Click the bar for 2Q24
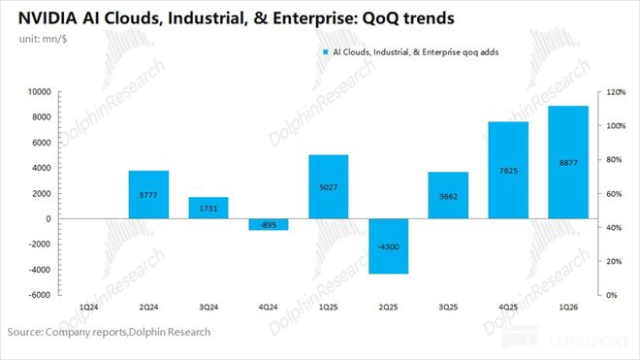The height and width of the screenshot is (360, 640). [148, 194]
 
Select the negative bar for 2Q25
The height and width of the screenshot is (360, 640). [389, 246]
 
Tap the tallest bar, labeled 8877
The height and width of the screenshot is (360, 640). [568, 162]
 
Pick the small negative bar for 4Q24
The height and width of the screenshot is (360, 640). [269, 224]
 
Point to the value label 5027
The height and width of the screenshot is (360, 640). [329, 187]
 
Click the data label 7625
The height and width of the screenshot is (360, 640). [508, 171]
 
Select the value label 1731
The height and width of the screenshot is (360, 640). [208, 209]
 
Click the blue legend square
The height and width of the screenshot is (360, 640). [325, 52]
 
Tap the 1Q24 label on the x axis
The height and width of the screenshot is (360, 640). [88, 307]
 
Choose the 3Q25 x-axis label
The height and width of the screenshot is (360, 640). [448, 307]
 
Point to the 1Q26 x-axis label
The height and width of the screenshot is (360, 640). [568, 307]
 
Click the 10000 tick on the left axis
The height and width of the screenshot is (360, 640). [40, 92]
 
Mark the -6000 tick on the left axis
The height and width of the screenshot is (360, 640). [40, 295]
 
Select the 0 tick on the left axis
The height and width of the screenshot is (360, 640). [48, 218]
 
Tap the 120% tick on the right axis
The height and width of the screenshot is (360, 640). [616, 92]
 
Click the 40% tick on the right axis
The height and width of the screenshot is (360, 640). [614, 228]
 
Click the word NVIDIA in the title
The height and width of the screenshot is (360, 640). [48, 18]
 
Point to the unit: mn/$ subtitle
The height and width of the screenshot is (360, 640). [43, 39]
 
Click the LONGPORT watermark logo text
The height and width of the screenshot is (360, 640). [590, 341]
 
